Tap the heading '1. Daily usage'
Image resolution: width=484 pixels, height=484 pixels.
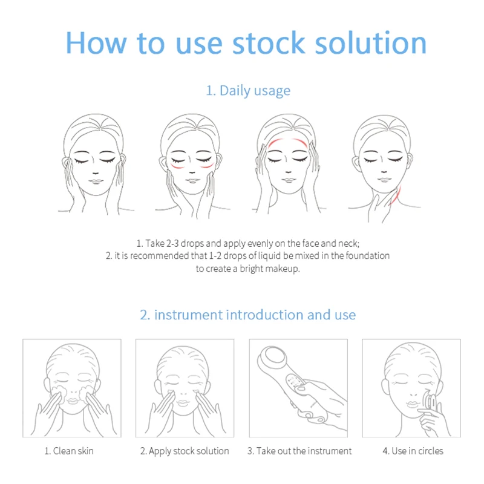(x=248, y=91)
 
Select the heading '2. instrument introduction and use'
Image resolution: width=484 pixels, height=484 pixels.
(x=248, y=315)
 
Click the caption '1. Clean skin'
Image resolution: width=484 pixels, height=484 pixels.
(x=69, y=451)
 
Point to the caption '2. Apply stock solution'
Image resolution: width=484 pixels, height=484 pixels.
(x=185, y=451)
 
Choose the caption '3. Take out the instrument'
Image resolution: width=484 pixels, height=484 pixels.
(x=299, y=451)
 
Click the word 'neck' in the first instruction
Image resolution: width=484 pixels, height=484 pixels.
(x=349, y=243)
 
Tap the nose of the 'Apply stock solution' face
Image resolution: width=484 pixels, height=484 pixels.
(x=185, y=388)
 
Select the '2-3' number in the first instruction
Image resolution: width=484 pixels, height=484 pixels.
(x=172, y=243)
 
